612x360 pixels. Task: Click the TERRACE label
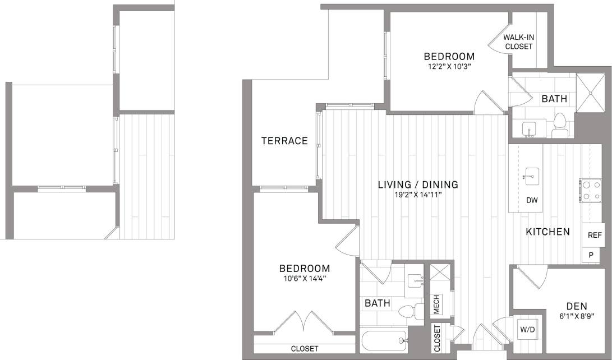click(x=284, y=141)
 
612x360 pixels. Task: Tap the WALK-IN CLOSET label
click(x=518, y=42)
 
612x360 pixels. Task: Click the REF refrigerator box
click(x=594, y=236)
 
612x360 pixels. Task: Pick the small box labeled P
click(x=591, y=255)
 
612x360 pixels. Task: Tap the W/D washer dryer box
click(x=527, y=329)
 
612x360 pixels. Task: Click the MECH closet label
click(x=436, y=304)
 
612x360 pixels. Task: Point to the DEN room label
click(x=577, y=306)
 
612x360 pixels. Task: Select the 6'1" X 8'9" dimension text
click(x=577, y=316)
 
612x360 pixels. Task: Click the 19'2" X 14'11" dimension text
click(x=418, y=195)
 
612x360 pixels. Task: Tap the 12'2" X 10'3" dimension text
click(x=449, y=66)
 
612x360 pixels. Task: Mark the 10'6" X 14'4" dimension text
click(x=306, y=279)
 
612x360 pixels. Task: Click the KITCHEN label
click(x=547, y=232)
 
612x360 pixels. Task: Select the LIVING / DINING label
click(x=418, y=184)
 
